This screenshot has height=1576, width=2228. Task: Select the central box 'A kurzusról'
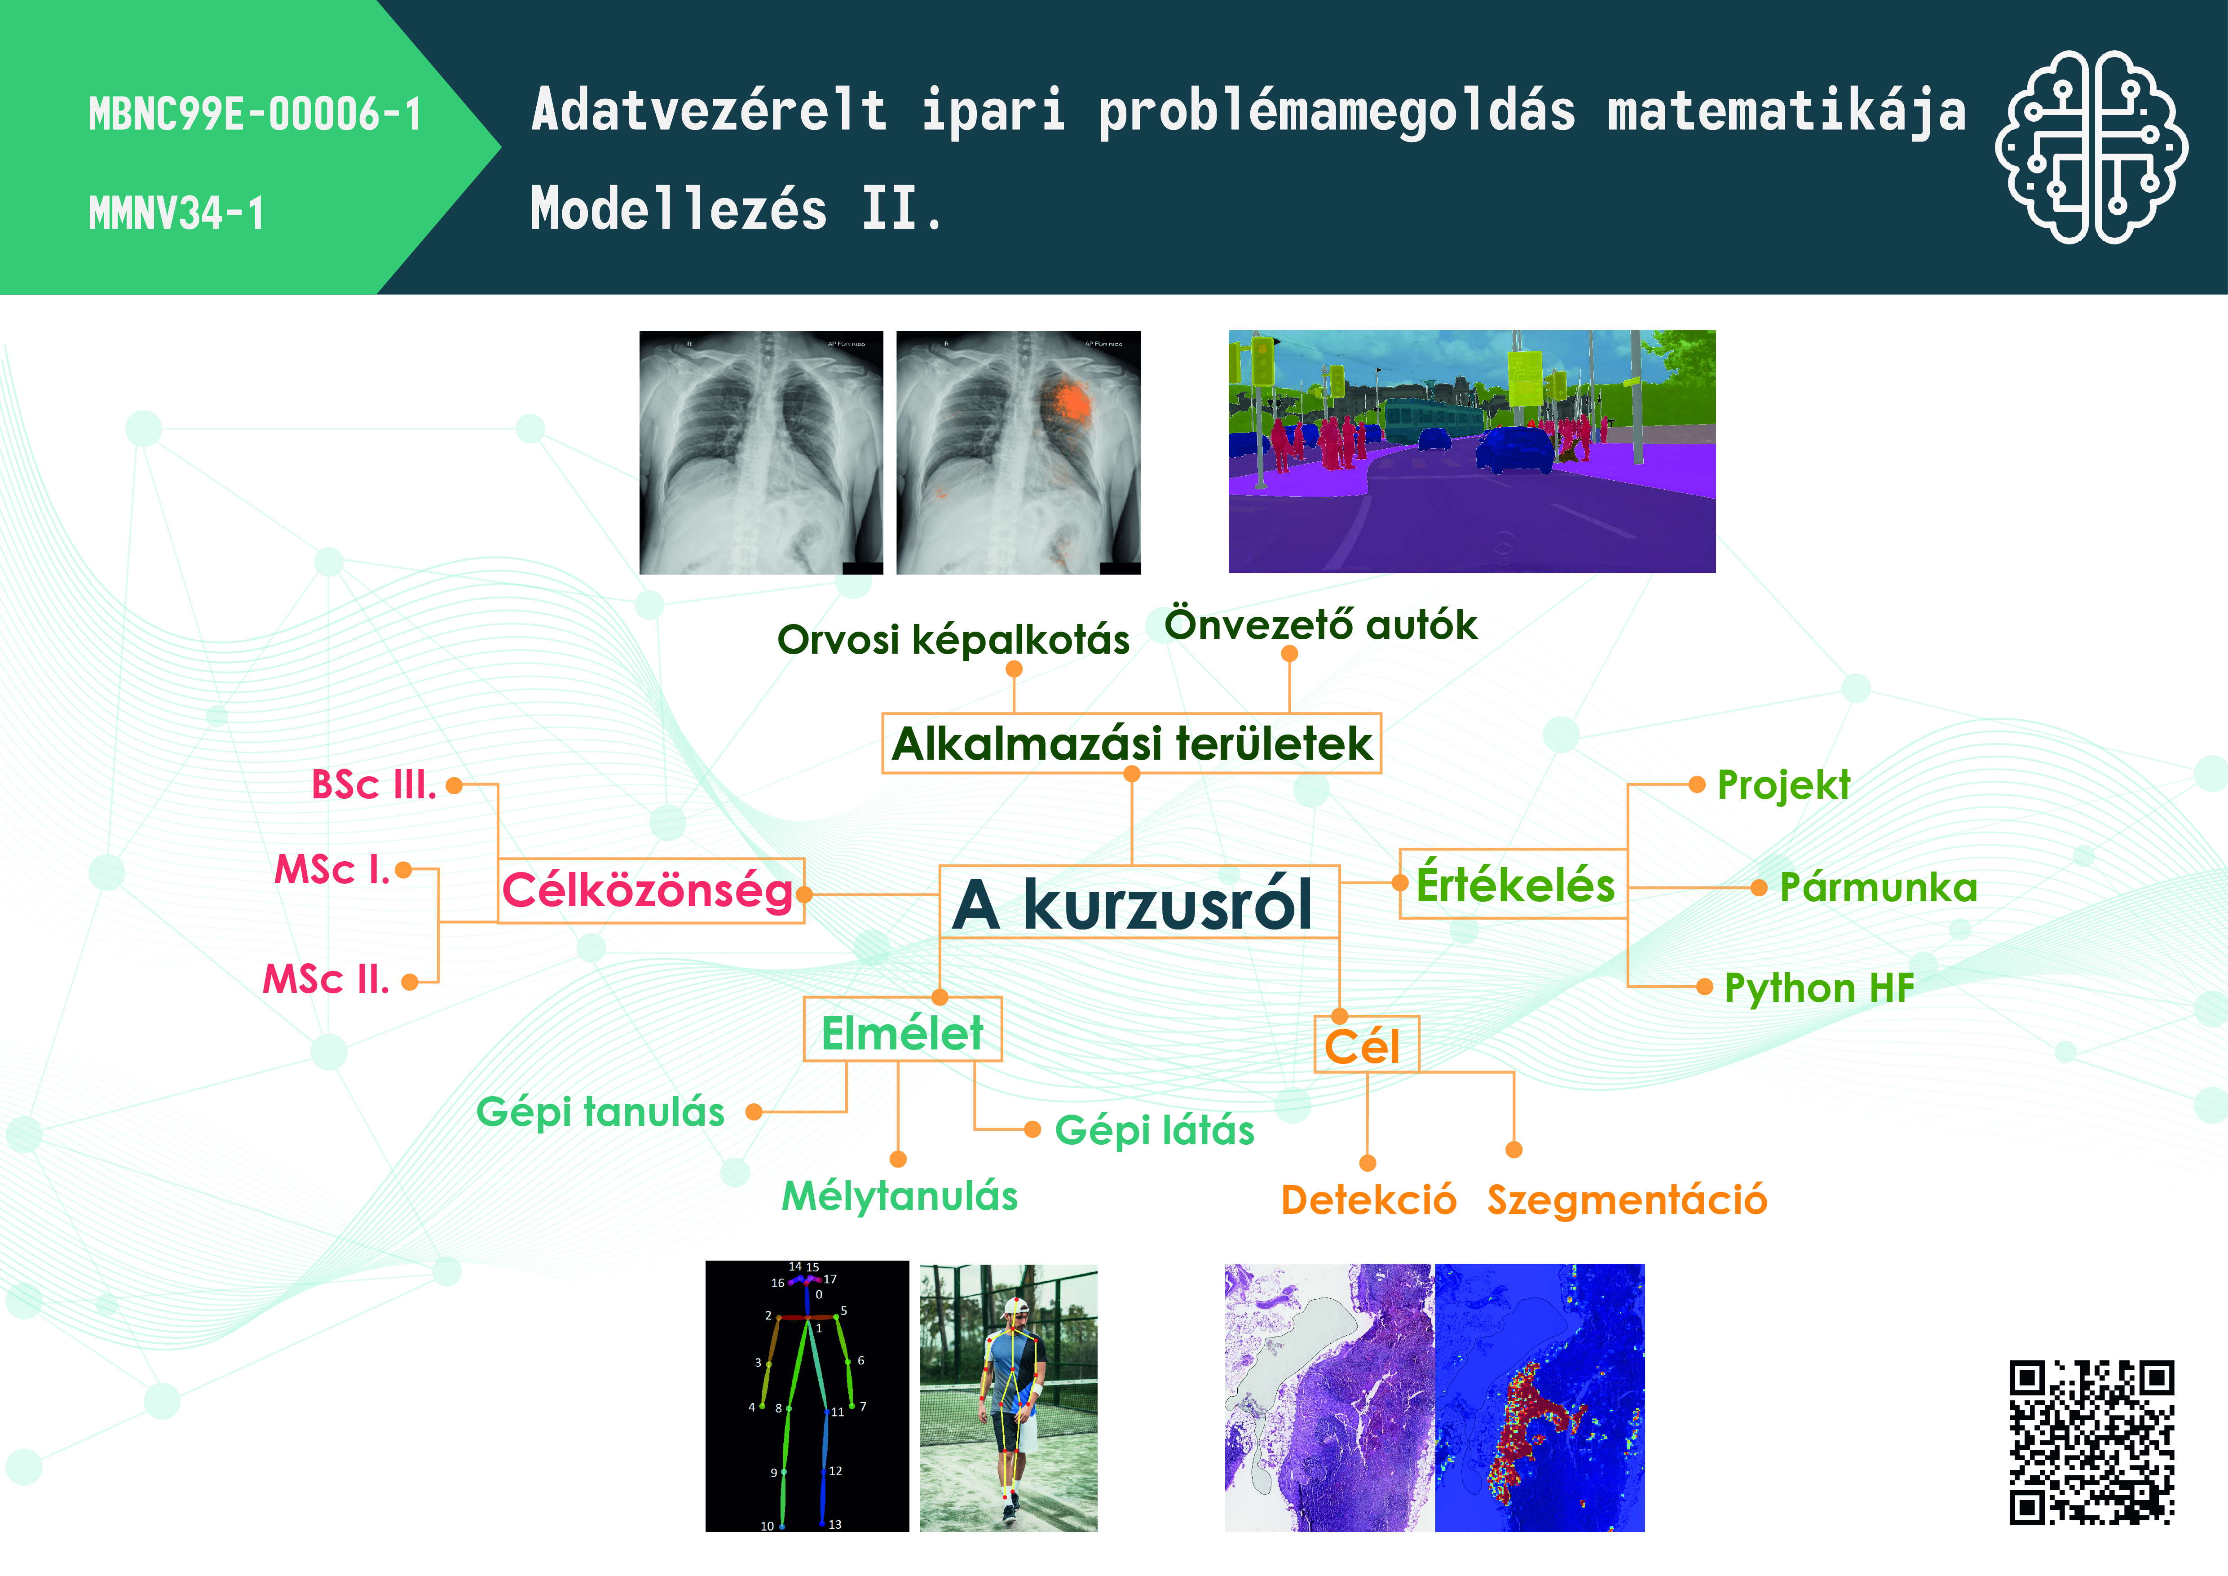point(1139,902)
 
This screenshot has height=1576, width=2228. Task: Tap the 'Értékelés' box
point(1514,883)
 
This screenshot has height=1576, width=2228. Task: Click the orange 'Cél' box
point(1366,1044)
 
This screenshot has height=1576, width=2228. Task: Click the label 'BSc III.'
point(374,784)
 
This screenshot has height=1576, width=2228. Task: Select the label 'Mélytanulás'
point(900,1195)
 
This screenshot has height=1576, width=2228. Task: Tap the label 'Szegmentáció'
point(1628,1200)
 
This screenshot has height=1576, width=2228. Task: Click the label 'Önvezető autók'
point(1321,624)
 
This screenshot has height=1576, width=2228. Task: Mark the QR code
point(2091,1441)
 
